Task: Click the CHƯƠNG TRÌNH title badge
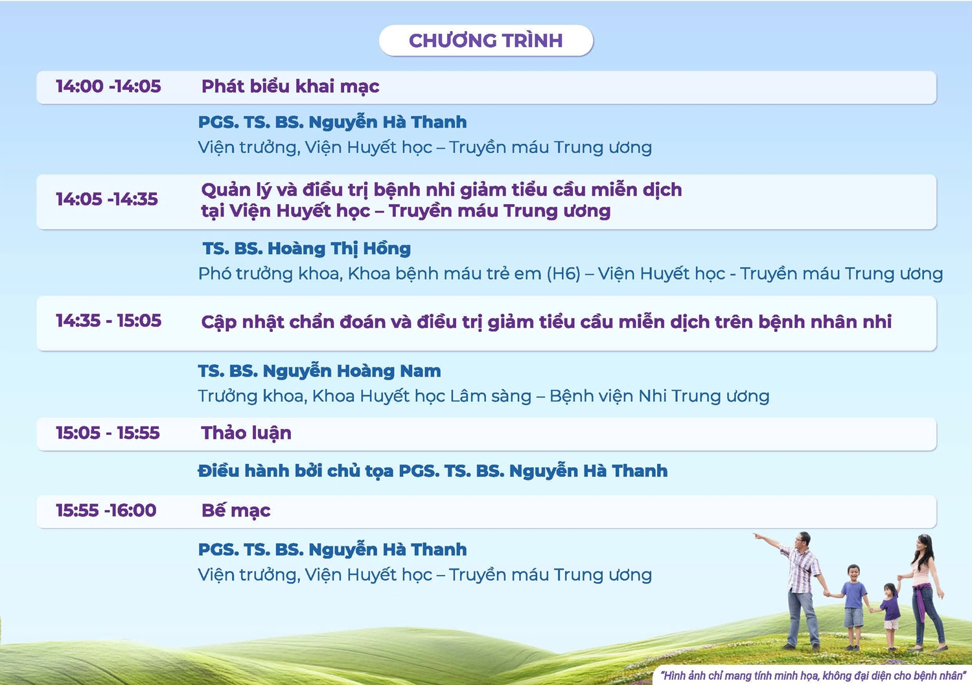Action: tap(486, 40)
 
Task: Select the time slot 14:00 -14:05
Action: tap(108, 86)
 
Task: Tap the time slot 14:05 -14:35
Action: tap(107, 199)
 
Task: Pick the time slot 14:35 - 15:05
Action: tap(108, 321)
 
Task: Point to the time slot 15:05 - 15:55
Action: tap(108, 433)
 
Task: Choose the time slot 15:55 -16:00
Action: tap(106, 510)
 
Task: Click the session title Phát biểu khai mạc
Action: tap(290, 87)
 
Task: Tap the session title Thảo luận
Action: tap(246, 433)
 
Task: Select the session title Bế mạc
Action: tap(236, 511)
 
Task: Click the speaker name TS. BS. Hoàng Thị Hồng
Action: tap(307, 249)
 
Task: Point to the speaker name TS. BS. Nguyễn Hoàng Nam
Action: tap(319, 371)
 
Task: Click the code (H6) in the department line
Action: tap(563, 274)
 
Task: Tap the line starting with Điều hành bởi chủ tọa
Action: tap(433, 470)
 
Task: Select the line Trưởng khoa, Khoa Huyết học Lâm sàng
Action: tap(364, 397)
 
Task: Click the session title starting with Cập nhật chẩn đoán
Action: tap(547, 322)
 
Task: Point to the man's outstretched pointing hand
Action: tap(758, 536)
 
